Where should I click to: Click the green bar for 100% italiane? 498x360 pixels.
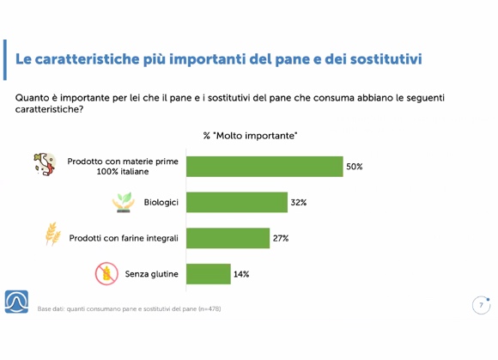[x=264, y=167]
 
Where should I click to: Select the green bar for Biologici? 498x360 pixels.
[x=237, y=203]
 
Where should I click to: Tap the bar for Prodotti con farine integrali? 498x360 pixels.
[x=228, y=238]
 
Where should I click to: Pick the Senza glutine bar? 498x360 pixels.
[x=209, y=274]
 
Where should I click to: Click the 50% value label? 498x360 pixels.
[x=354, y=167]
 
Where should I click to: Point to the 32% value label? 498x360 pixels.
[x=299, y=203]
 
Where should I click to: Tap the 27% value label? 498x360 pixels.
[x=281, y=238]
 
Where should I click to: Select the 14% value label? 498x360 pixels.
[x=241, y=274]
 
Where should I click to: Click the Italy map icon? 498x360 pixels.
[x=45, y=164]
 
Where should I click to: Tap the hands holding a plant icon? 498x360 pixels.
[x=124, y=203]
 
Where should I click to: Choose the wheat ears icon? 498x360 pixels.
[x=52, y=234]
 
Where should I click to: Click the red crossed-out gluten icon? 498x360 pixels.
[x=106, y=273]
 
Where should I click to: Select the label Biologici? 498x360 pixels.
[x=161, y=203]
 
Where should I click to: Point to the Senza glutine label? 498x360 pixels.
[x=151, y=274]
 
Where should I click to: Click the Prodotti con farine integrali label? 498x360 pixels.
[x=124, y=238]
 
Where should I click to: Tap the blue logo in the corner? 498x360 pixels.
[x=16, y=302]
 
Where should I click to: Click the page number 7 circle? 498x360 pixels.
[x=481, y=305]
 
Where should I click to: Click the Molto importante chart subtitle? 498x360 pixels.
[x=250, y=136]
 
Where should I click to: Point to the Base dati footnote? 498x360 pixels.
[x=129, y=308]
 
